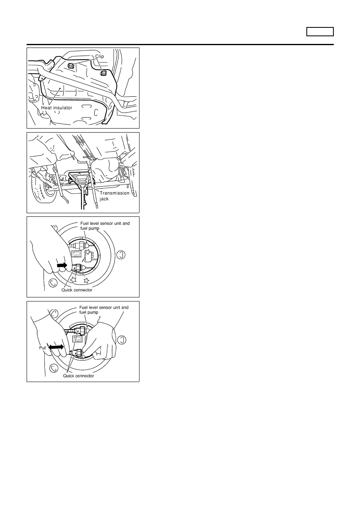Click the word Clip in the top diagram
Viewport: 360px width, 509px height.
tap(99, 56)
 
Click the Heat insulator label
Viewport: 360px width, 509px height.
tap(56, 108)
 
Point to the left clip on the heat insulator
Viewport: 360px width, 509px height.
tap(71, 66)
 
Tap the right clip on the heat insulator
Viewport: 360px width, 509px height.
tap(104, 73)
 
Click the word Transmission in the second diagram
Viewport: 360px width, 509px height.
tap(114, 193)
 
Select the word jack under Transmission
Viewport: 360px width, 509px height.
tap(104, 199)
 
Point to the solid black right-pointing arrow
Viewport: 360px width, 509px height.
tap(62, 265)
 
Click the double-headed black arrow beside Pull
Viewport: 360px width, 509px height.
tap(56, 347)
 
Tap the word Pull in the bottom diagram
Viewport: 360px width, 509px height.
tap(43, 348)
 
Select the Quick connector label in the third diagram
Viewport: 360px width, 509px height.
tap(77, 290)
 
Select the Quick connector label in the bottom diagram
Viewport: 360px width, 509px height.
tap(78, 376)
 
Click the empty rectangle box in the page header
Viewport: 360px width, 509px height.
tap(320, 31)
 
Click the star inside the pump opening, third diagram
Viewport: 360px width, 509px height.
tap(87, 251)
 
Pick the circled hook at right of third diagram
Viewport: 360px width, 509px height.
tap(121, 255)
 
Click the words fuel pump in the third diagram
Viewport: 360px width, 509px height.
tap(90, 228)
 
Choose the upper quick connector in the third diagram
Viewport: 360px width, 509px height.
tap(80, 246)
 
